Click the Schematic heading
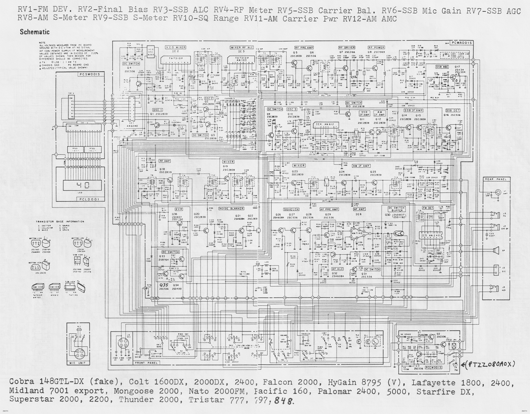35,32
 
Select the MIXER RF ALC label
242,48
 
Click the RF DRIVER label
346,48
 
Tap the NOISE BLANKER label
231,208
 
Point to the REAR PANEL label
496,179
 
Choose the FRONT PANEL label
145,363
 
